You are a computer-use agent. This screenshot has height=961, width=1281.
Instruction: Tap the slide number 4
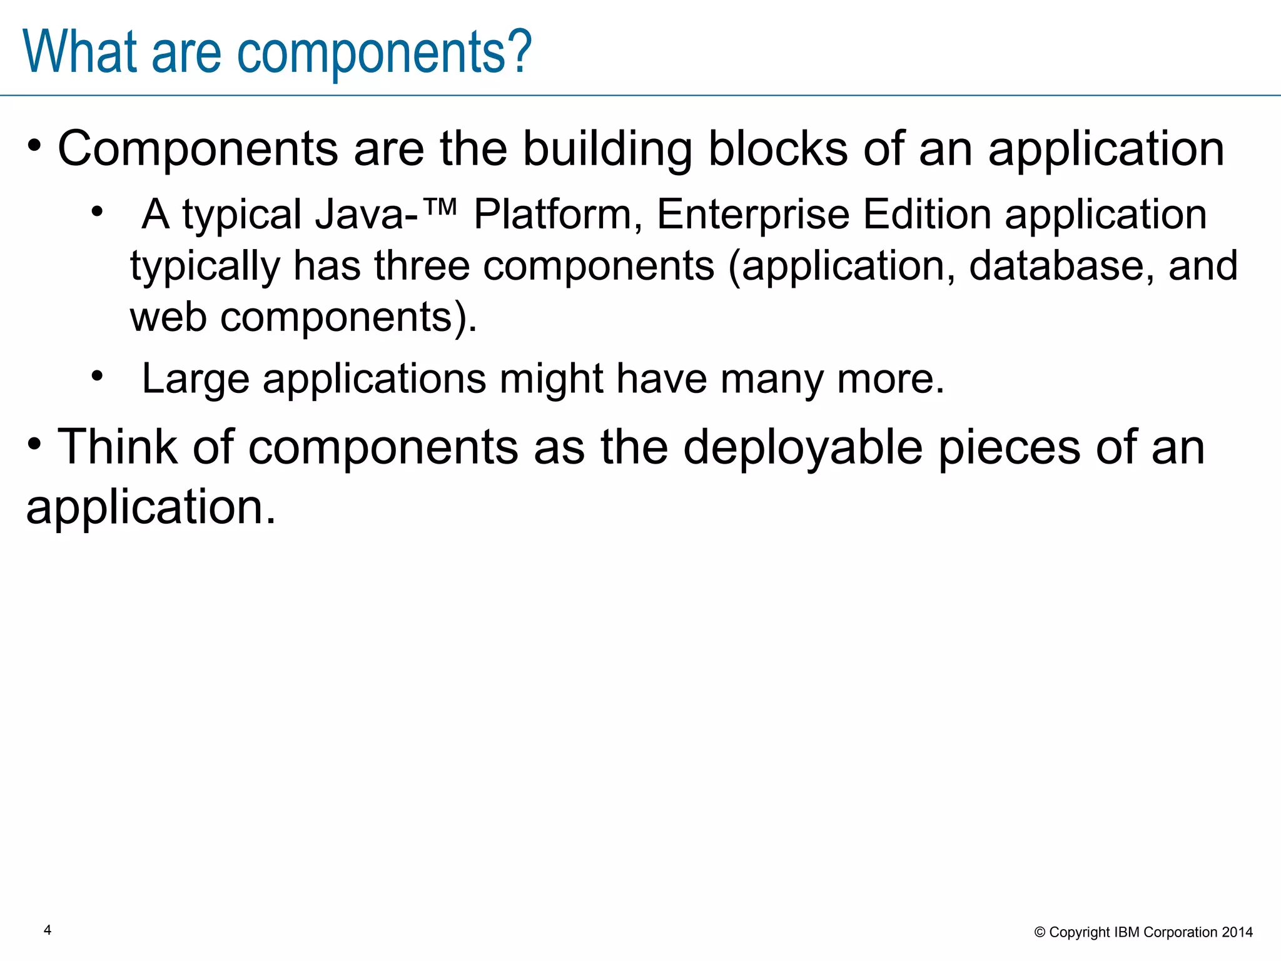(x=48, y=930)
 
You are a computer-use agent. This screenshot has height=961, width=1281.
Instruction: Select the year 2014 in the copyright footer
(x=1237, y=932)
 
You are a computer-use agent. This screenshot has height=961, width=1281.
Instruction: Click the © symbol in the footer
(x=1040, y=933)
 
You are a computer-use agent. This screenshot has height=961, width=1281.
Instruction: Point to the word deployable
(x=803, y=447)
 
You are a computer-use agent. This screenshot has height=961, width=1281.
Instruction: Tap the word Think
(x=117, y=447)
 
